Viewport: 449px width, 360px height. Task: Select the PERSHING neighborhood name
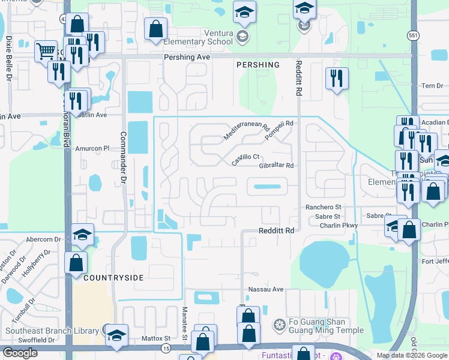pos(258,65)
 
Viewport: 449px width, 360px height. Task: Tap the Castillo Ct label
pos(245,160)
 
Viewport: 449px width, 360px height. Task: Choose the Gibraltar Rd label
pos(276,166)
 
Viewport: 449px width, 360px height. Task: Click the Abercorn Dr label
pos(44,238)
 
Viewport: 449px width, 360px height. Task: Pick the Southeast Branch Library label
pos(52,331)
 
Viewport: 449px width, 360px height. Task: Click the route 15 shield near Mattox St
pos(165,348)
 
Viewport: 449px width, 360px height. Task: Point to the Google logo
pos(20,353)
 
